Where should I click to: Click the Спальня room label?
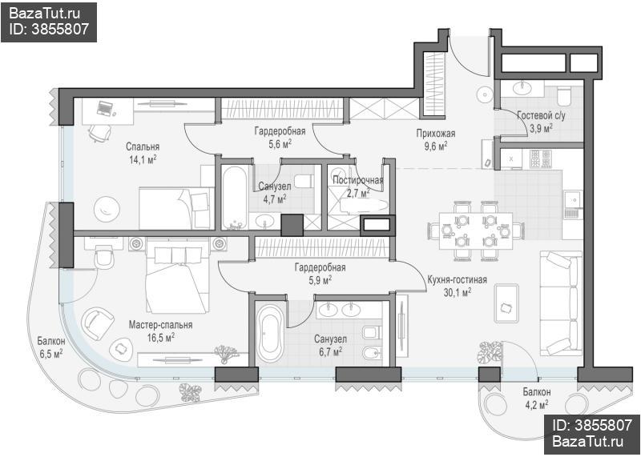143,146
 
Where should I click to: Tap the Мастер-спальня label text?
161,325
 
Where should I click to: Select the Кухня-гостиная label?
457,280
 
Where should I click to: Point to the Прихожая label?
436,133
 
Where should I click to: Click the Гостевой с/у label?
541,115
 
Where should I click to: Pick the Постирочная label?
358,180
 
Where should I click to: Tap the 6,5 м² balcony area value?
51,353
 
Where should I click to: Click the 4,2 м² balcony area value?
537,405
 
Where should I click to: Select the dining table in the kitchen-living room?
476,231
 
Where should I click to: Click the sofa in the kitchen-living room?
561,303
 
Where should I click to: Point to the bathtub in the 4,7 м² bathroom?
235,197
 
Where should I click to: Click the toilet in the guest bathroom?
565,96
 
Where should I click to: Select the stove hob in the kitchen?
540,159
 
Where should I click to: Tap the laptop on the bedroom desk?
105,108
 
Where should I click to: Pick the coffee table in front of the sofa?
507,303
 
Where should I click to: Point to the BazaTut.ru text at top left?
44,14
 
